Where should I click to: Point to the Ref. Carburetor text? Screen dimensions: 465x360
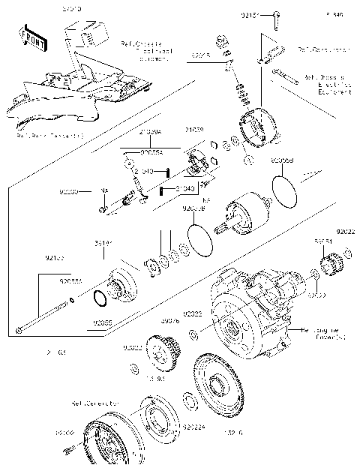pos(323,50)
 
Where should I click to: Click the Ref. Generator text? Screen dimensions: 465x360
pos(95,403)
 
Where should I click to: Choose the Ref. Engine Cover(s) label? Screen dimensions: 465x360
pos(325,334)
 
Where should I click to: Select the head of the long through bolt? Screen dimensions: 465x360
pos(17,330)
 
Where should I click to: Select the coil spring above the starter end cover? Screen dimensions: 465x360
pos(242,96)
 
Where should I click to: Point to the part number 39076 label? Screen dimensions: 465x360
pos(169,320)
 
